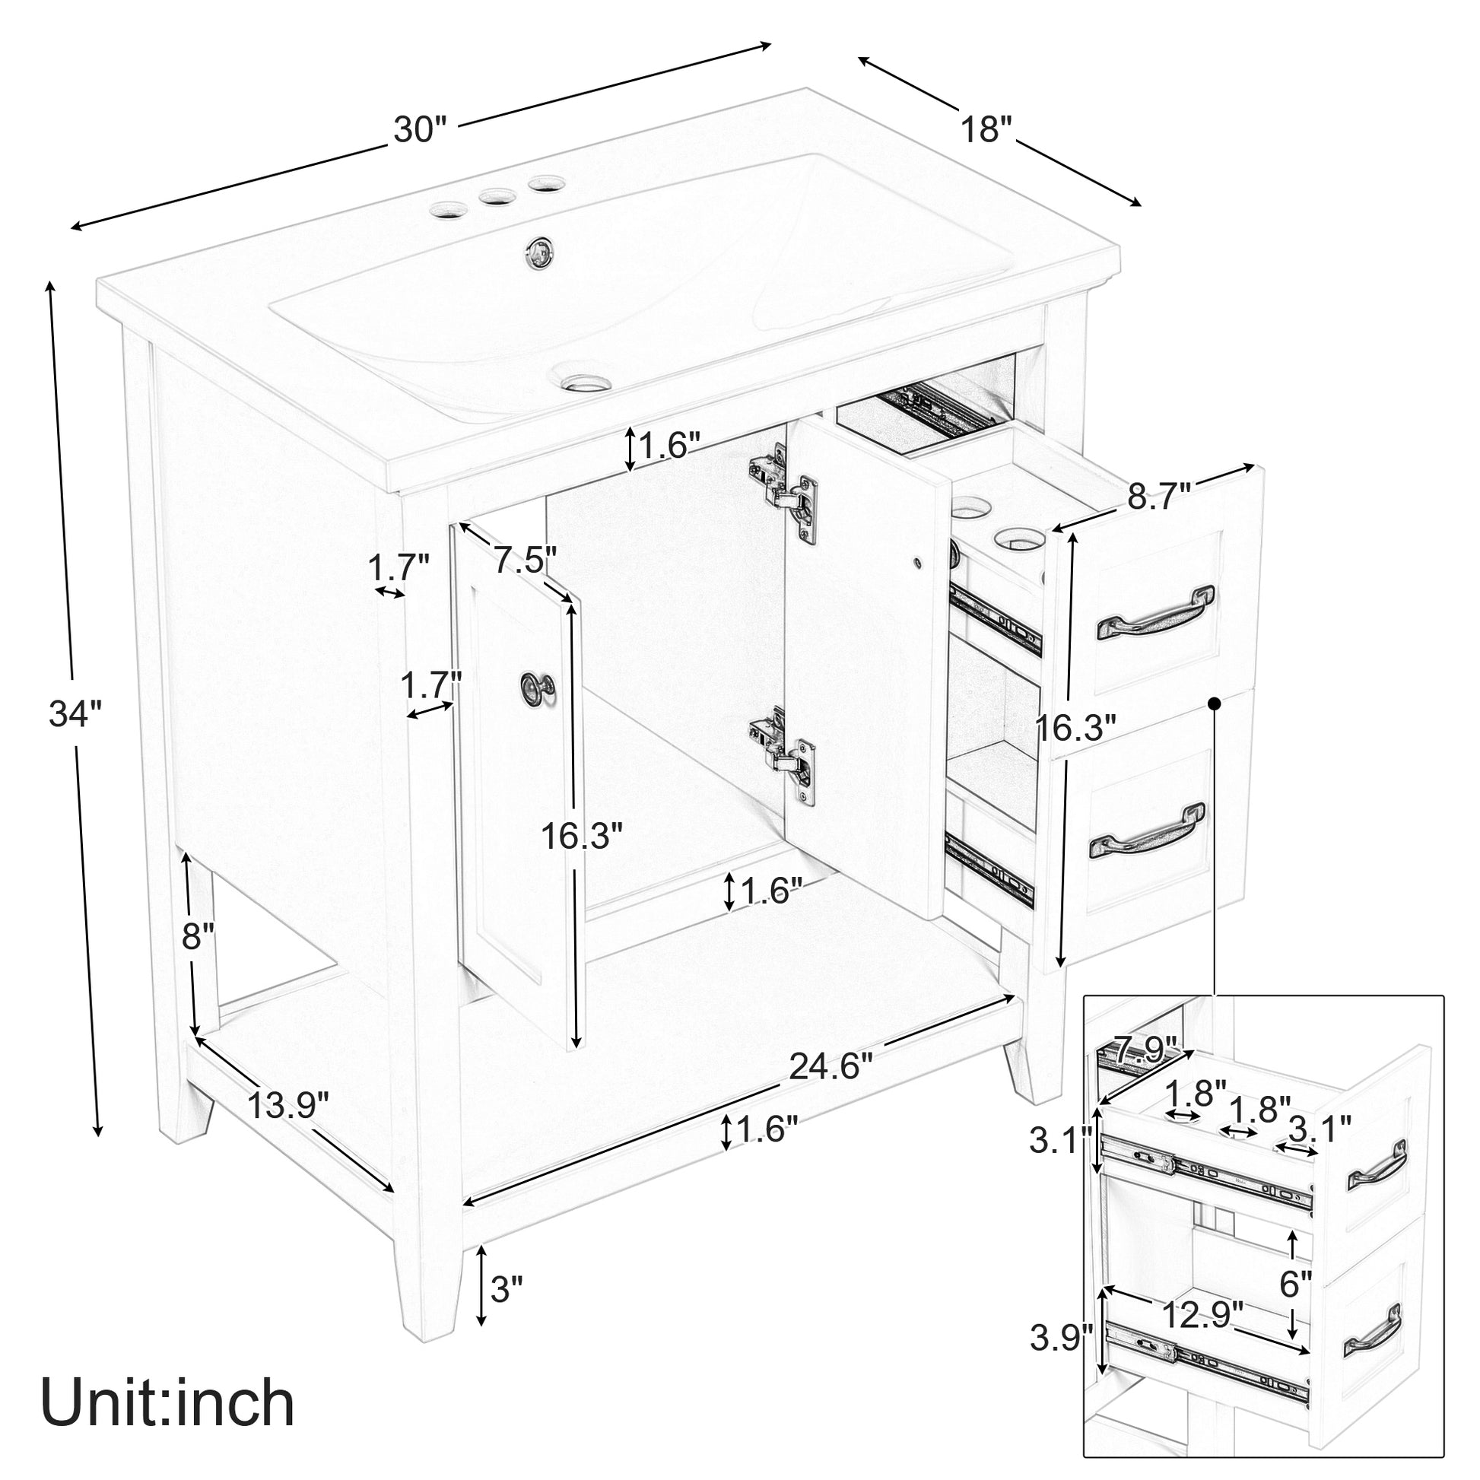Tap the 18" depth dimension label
pyautogui.click(x=988, y=129)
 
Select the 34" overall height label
pyautogui.click(x=75, y=714)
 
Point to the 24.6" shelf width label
pyautogui.click(x=831, y=1066)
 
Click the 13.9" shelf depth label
pyautogui.click(x=288, y=1104)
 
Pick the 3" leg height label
pyautogui.click(x=507, y=1288)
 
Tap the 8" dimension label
pyautogui.click(x=198, y=935)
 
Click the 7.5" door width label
pyautogui.click(x=525, y=559)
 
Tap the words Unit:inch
pyautogui.click(x=168, y=1402)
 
